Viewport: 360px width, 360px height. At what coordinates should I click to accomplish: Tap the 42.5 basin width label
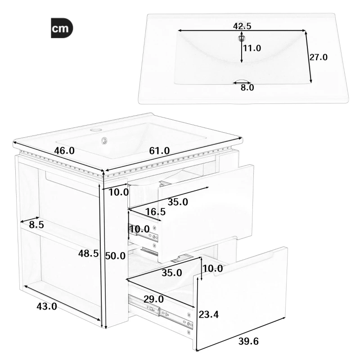[242, 26]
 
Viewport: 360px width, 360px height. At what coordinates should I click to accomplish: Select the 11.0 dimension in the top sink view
[252, 48]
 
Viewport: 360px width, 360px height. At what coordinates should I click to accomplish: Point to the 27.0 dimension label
[318, 57]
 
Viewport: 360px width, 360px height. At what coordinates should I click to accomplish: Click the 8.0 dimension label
[247, 88]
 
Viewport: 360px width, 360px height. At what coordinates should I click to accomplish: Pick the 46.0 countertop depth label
[64, 151]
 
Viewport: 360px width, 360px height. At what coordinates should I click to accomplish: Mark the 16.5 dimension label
[155, 211]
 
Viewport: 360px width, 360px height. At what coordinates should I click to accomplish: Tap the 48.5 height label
[88, 254]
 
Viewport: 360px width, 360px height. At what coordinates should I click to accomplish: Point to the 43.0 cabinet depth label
[46, 306]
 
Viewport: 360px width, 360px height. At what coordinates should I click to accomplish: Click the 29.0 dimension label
[153, 299]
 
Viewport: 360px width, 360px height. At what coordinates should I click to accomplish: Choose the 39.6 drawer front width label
[249, 342]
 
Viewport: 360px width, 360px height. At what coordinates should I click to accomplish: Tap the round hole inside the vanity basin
[105, 140]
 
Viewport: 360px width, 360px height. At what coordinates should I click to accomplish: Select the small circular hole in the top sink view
[242, 37]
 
